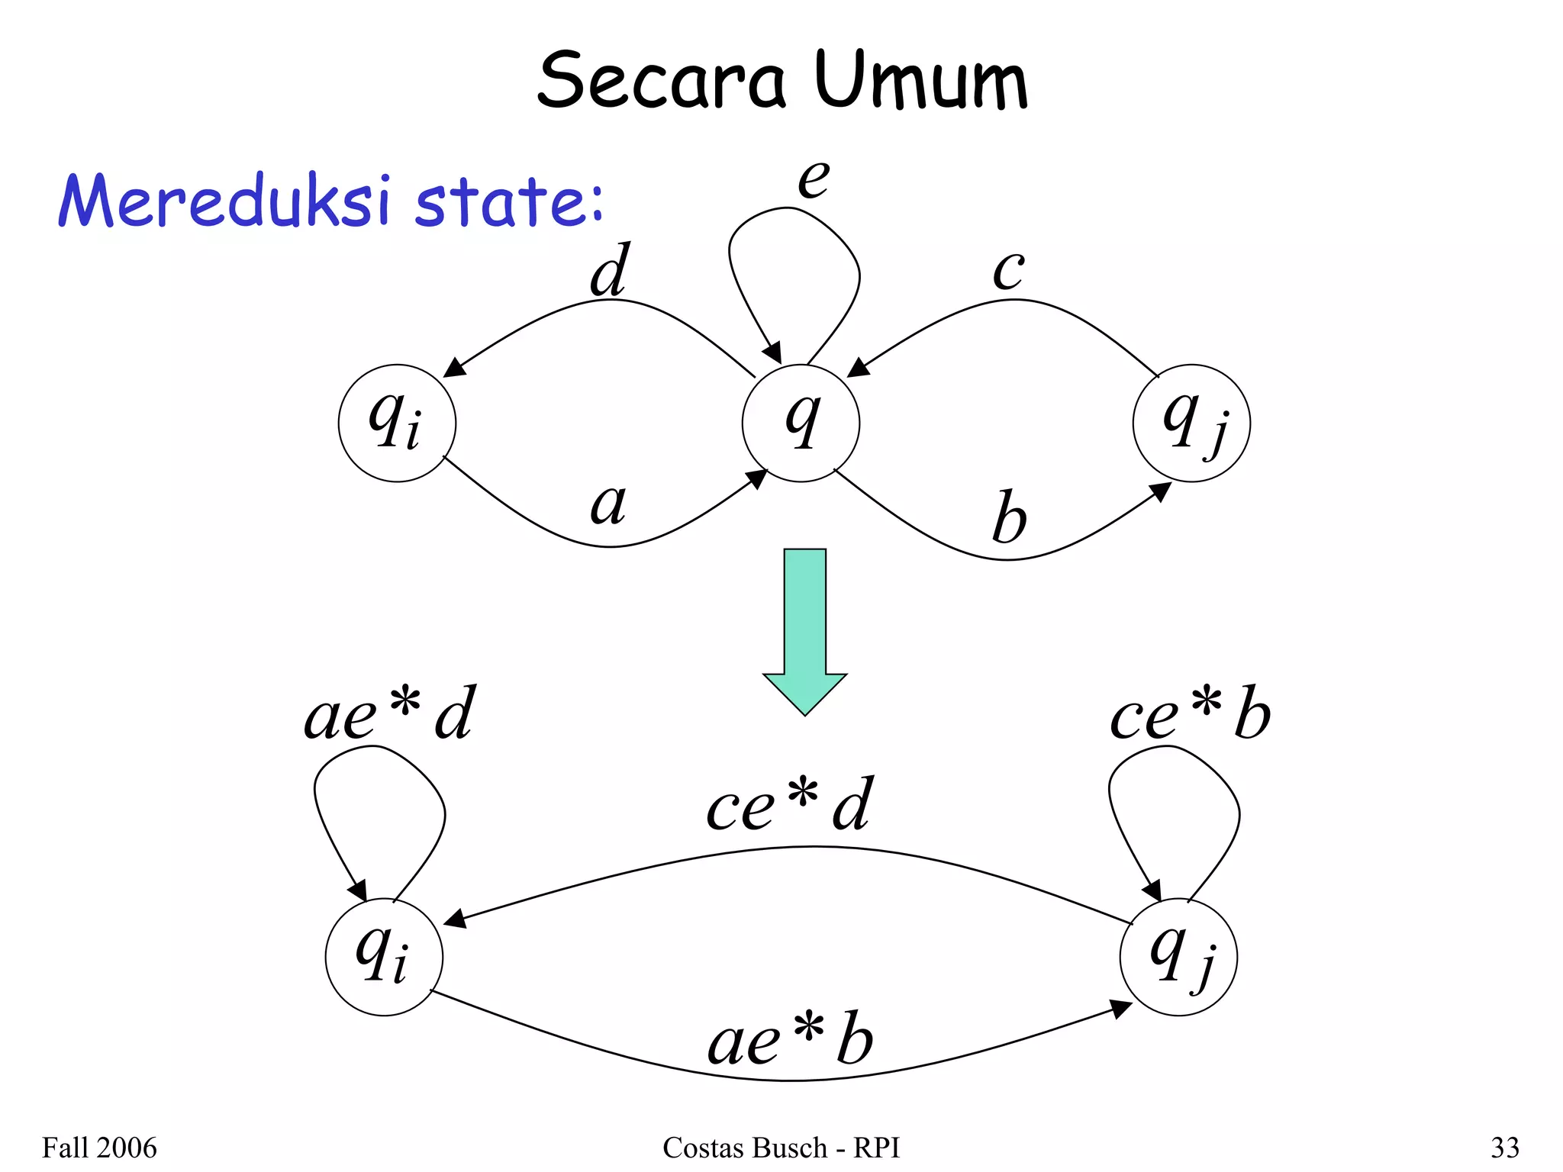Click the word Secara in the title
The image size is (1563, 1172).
(661, 80)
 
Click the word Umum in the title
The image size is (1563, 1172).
(921, 80)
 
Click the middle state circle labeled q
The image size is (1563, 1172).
(801, 423)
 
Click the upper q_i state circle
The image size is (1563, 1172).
(397, 423)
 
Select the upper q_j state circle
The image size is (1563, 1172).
(1191, 423)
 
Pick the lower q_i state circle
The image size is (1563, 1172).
(384, 957)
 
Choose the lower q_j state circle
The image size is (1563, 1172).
(1178, 957)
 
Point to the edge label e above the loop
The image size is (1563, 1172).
(814, 179)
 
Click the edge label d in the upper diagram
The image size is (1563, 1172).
(610, 270)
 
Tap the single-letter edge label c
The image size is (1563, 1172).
(1008, 270)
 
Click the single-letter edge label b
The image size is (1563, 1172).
(1009, 517)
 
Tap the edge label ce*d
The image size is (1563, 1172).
(789, 804)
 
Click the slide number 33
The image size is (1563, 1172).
(1505, 1147)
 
